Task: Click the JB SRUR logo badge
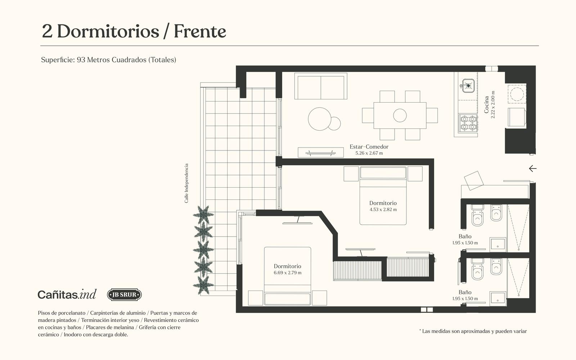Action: tap(124, 295)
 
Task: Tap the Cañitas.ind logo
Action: tap(67, 294)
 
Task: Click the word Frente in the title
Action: tap(200, 31)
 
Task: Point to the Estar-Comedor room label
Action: tap(369, 147)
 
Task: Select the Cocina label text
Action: tap(486, 105)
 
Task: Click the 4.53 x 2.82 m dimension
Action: tap(383, 209)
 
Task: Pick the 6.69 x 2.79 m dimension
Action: tap(288, 273)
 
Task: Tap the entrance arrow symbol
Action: tap(533, 168)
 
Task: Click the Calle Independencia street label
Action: tap(186, 183)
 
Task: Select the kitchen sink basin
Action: tap(467, 86)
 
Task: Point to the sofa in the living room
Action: tap(321, 86)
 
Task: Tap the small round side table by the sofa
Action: tap(334, 123)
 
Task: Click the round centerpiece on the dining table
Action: tap(400, 115)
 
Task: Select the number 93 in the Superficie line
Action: tap(81, 60)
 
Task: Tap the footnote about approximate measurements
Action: tap(473, 331)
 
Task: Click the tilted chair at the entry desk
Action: tap(474, 180)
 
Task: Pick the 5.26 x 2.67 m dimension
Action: tap(369, 153)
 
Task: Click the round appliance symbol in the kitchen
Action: tap(517, 94)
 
